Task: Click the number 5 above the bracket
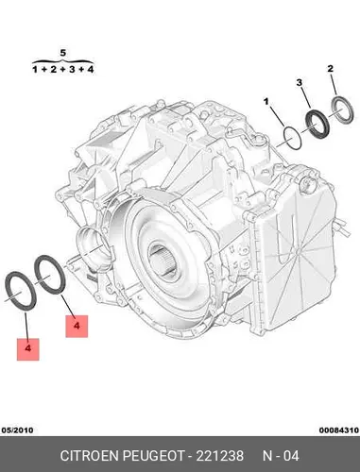tap(63, 53)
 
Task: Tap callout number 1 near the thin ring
tap(266, 102)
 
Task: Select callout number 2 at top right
tap(331, 68)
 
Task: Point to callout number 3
tap(300, 83)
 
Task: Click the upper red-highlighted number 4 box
tap(77, 327)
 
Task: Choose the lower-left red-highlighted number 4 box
tap(28, 349)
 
